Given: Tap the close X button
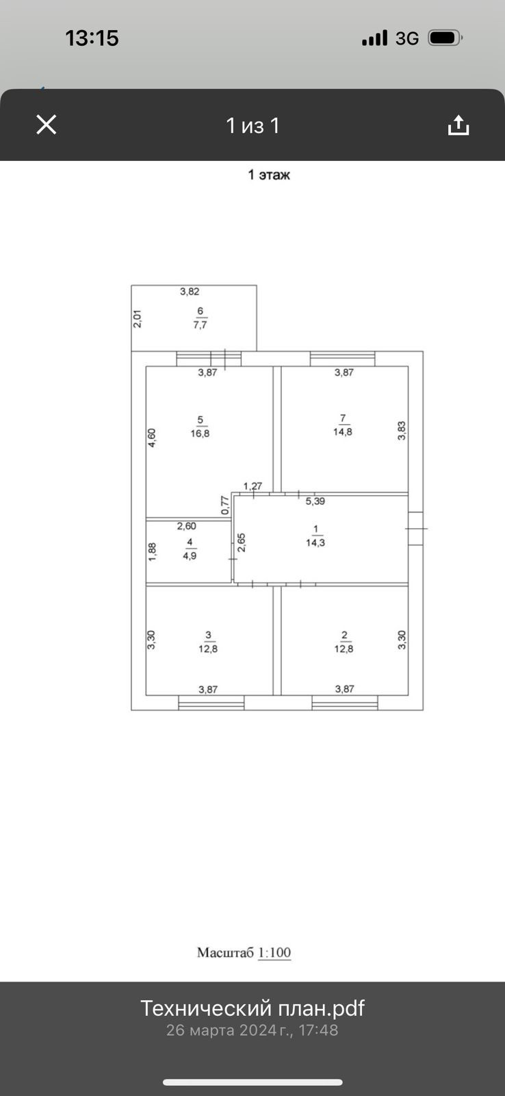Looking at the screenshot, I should click(x=46, y=125).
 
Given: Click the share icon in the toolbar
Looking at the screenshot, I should click(x=458, y=125).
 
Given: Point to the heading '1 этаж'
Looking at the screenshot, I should click(x=269, y=175).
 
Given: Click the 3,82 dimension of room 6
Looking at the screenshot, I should click(x=190, y=292).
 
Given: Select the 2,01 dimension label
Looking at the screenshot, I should click(x=137, y=319).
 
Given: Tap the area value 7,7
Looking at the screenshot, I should click(x=200, y=325).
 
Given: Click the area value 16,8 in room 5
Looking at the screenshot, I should click(x=200, y=434).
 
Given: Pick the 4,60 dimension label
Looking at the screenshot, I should click(x=152, y=438).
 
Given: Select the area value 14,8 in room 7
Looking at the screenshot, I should click(x=343, y=432).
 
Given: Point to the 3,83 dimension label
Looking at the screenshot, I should click(x=402, y=430).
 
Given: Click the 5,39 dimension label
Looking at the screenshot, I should click(x=315, y=501).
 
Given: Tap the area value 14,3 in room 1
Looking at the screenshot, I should click(x=315, y=543).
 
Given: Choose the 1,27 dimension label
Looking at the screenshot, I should click(x=252, y=486).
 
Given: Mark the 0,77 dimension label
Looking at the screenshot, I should click(x=224, y=505).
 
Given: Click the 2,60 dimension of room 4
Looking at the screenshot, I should click(x=187, y=526).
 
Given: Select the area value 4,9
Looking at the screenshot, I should click(x=190, y=556).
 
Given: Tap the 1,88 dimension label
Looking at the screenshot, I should click(x=152, y=552).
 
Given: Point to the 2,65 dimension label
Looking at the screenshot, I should click(x=241, y=543).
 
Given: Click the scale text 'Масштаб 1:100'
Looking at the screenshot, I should click(x=244, y=953).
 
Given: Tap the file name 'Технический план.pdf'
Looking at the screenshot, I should click(x=252, y=1008).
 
